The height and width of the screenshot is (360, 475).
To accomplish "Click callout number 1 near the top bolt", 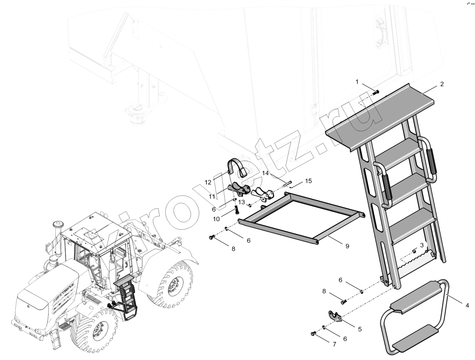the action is click(x=357, y=82).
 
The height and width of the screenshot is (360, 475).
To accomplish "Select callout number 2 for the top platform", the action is click(x=442, y=84).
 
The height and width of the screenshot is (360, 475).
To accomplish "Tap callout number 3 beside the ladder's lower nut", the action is click(x=422, y=245).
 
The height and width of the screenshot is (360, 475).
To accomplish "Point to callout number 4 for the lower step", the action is click(x=467, y=305).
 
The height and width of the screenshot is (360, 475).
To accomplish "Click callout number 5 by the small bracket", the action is click(x=360, y=329).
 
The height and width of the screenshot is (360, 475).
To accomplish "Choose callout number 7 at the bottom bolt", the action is click(x=335, y=344).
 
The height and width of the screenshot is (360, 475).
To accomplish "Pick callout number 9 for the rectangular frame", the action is click(x=347, y=246).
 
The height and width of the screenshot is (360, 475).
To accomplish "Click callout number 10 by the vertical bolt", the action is click(x=216, y=219).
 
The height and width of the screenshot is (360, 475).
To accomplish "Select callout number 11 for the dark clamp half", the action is click(x=212, y=197).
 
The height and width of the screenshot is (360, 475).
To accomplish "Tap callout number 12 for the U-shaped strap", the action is click(x=208, y=182).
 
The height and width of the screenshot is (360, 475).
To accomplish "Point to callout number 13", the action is click(x=241, y=202).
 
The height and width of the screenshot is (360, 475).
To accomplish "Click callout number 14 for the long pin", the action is click(x=266, y=173).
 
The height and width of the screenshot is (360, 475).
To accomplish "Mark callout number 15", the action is click(x=309, y=181).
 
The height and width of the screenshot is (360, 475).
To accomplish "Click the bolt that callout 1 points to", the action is click(x=376, y=93).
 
